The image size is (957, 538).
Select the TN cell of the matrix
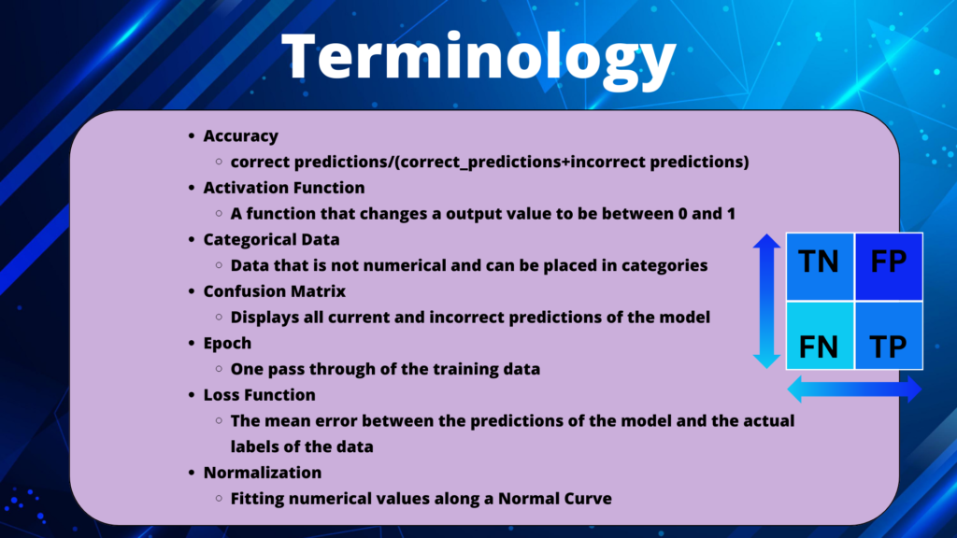[x=820, y=266]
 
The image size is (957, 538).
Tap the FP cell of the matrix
[x=889, y=266]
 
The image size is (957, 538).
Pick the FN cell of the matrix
[x=820, y=335]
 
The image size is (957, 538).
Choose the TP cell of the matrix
[x=889, y=335]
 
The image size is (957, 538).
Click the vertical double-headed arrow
[x=766, y=301]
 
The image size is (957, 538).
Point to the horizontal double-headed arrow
[x=854, y=389]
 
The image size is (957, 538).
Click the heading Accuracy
[x=240, y=136]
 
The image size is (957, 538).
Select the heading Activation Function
[x=284, y=187]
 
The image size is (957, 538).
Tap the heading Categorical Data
[x=272, y=240]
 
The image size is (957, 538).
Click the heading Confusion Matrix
[x=275, y=291]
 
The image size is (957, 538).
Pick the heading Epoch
[x=227, y=344]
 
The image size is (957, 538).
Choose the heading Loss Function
[x=260, y=395]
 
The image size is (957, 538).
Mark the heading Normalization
[x=263, y=473]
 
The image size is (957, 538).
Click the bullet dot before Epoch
[x=192, y=343]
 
